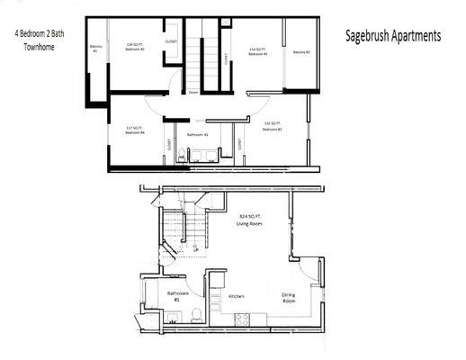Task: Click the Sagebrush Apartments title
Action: [x=393, y=37]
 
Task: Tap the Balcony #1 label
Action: [x=94, y=49]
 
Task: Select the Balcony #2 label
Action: [x=301, y=52]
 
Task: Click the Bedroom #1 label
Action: [x=259, y=52]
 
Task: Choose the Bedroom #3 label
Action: [x=273, y=127]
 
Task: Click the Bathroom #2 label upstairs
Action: [x=198, y=135]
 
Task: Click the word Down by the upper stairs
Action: [x=194, y=92]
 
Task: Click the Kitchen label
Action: [x=237, y=296]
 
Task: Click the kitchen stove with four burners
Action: [x=243, y=318]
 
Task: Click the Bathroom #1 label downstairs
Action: [x=177, y=296]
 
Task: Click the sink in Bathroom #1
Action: [x=171, y=316]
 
